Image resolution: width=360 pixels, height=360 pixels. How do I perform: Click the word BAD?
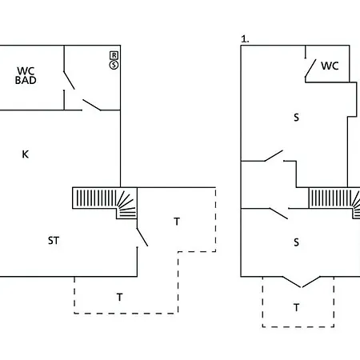[x=26, y=81]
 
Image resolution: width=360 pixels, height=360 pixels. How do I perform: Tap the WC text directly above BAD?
[x=26, y=70]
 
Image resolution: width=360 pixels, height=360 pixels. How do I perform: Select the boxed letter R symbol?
[x=114, y=54]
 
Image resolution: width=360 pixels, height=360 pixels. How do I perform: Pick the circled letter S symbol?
[x=114, y=64]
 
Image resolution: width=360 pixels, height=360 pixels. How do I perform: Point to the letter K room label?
[x=25, y=154]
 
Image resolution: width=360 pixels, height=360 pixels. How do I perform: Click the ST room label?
[x=54, y=239]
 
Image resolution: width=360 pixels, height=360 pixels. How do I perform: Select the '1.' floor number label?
[x=245, y=38]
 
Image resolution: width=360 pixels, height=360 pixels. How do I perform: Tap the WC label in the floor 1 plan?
[x=330, y=66]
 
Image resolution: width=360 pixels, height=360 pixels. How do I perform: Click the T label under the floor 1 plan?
[x=296, y=306]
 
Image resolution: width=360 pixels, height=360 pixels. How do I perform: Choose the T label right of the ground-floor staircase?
[x=177, y=221]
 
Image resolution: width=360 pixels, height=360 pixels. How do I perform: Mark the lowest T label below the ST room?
[x=119, y=296]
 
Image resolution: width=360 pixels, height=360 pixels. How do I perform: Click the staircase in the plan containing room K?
[x=105, y=202]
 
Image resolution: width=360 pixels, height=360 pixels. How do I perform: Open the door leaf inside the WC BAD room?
[x=71, y=81]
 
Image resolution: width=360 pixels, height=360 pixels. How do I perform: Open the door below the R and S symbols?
[x=91, y=103]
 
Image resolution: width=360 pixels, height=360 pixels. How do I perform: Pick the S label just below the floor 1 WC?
[x=296, y=118]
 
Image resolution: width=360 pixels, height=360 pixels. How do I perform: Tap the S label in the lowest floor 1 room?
[x=296, y=242]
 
